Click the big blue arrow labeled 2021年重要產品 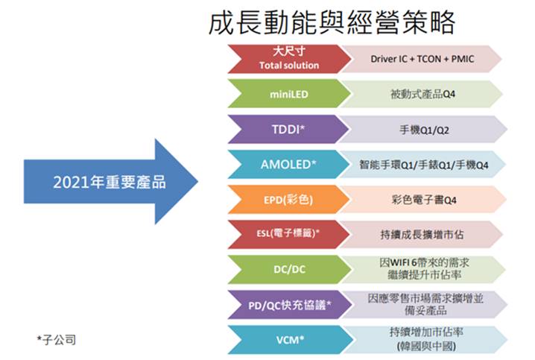110,181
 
